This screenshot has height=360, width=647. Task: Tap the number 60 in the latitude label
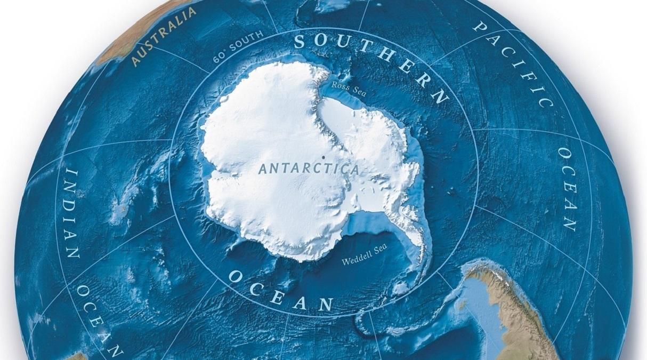click(220, 58)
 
